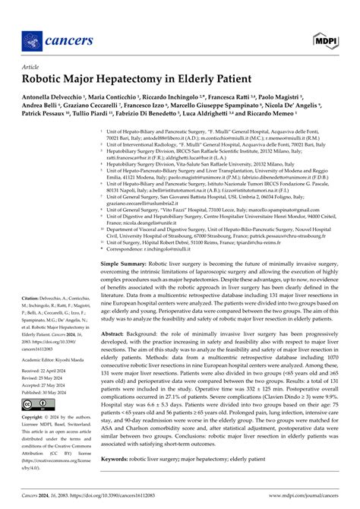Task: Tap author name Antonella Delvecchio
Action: tap(55, 97)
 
